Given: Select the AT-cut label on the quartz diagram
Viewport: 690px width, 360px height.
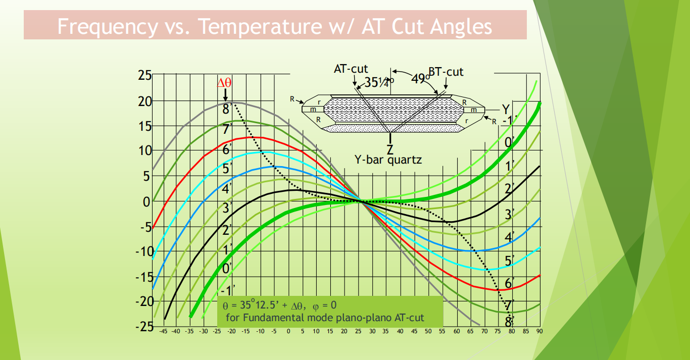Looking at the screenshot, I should click(351, 69).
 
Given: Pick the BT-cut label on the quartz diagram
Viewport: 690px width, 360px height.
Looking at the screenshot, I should click(446, 71).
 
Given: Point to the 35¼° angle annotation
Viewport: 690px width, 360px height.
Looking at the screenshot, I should click(379, 82).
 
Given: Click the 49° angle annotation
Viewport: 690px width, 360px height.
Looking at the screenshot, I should click(420, 78).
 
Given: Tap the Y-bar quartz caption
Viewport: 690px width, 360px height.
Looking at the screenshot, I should click(388, 160).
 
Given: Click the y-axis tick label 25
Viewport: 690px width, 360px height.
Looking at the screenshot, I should click(144, 76).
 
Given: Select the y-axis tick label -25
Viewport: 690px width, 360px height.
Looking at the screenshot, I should click(143, 326).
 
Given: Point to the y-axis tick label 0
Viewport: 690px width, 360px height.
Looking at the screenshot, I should click(147, 201).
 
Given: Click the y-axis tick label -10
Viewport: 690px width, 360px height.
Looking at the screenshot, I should click(143, 251).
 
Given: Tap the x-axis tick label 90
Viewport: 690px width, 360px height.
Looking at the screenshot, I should click(539, 332).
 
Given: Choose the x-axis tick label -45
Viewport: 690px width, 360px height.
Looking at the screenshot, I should click(163, 332).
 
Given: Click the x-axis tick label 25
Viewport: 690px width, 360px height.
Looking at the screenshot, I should click(358, 332).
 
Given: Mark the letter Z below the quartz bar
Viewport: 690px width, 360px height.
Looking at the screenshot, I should click(390, 149).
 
